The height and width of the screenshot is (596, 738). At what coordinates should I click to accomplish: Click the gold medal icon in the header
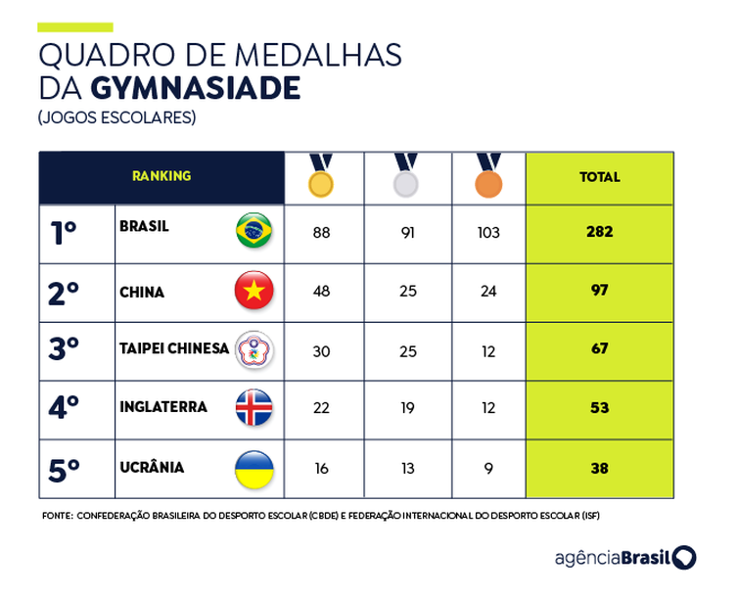(x=321, y=182)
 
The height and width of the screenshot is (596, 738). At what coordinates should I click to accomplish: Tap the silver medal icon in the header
(x=405, y=182)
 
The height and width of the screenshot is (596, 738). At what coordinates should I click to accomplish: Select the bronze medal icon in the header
(x=488, y=182)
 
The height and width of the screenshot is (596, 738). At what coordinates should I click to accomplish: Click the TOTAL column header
(x=599, y=177)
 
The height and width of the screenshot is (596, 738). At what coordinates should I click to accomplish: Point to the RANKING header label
(x=161, y=176)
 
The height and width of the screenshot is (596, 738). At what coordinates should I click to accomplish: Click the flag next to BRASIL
(x=254, y=231)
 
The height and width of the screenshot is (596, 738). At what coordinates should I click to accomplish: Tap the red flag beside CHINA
(x=254, y=291)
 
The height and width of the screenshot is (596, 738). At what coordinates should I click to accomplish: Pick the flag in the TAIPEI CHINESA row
(x=254, y=349)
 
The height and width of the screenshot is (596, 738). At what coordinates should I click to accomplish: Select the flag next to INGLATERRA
(x=254, y=408)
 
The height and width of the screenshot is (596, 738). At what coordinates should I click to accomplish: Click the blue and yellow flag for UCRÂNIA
(x=254, y=469)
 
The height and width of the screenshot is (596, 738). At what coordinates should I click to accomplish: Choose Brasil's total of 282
(x=599, y=232)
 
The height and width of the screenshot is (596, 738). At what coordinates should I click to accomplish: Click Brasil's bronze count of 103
(x=488, y=233)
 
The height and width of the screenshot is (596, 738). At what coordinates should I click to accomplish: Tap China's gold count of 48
(x=321, y=292)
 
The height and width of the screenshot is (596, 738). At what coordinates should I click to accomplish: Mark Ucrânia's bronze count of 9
(x=488, y=469)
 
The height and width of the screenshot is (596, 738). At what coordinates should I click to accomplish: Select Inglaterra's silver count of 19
(x=405, y=409)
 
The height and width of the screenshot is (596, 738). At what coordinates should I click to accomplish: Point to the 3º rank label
(x=64, y=350)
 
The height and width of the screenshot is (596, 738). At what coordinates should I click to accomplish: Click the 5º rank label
(x=64, y=470)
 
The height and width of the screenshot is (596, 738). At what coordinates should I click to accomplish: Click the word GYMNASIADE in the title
(x=195, y=88)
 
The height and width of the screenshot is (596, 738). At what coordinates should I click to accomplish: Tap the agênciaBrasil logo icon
(x=684, y=558)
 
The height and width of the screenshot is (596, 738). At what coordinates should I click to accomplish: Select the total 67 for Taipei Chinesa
(x=599, y=349)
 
